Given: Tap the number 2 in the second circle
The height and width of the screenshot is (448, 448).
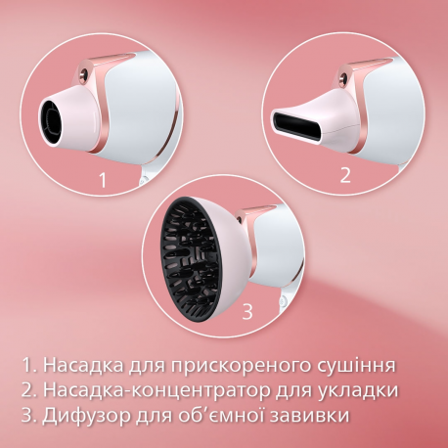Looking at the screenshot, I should tap(343, 175).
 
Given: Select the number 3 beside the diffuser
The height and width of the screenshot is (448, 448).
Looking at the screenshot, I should tap(247, 312).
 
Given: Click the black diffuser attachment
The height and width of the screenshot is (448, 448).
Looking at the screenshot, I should tap(195, 255).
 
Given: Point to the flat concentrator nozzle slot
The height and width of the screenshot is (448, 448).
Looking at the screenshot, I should tap(294, 124).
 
